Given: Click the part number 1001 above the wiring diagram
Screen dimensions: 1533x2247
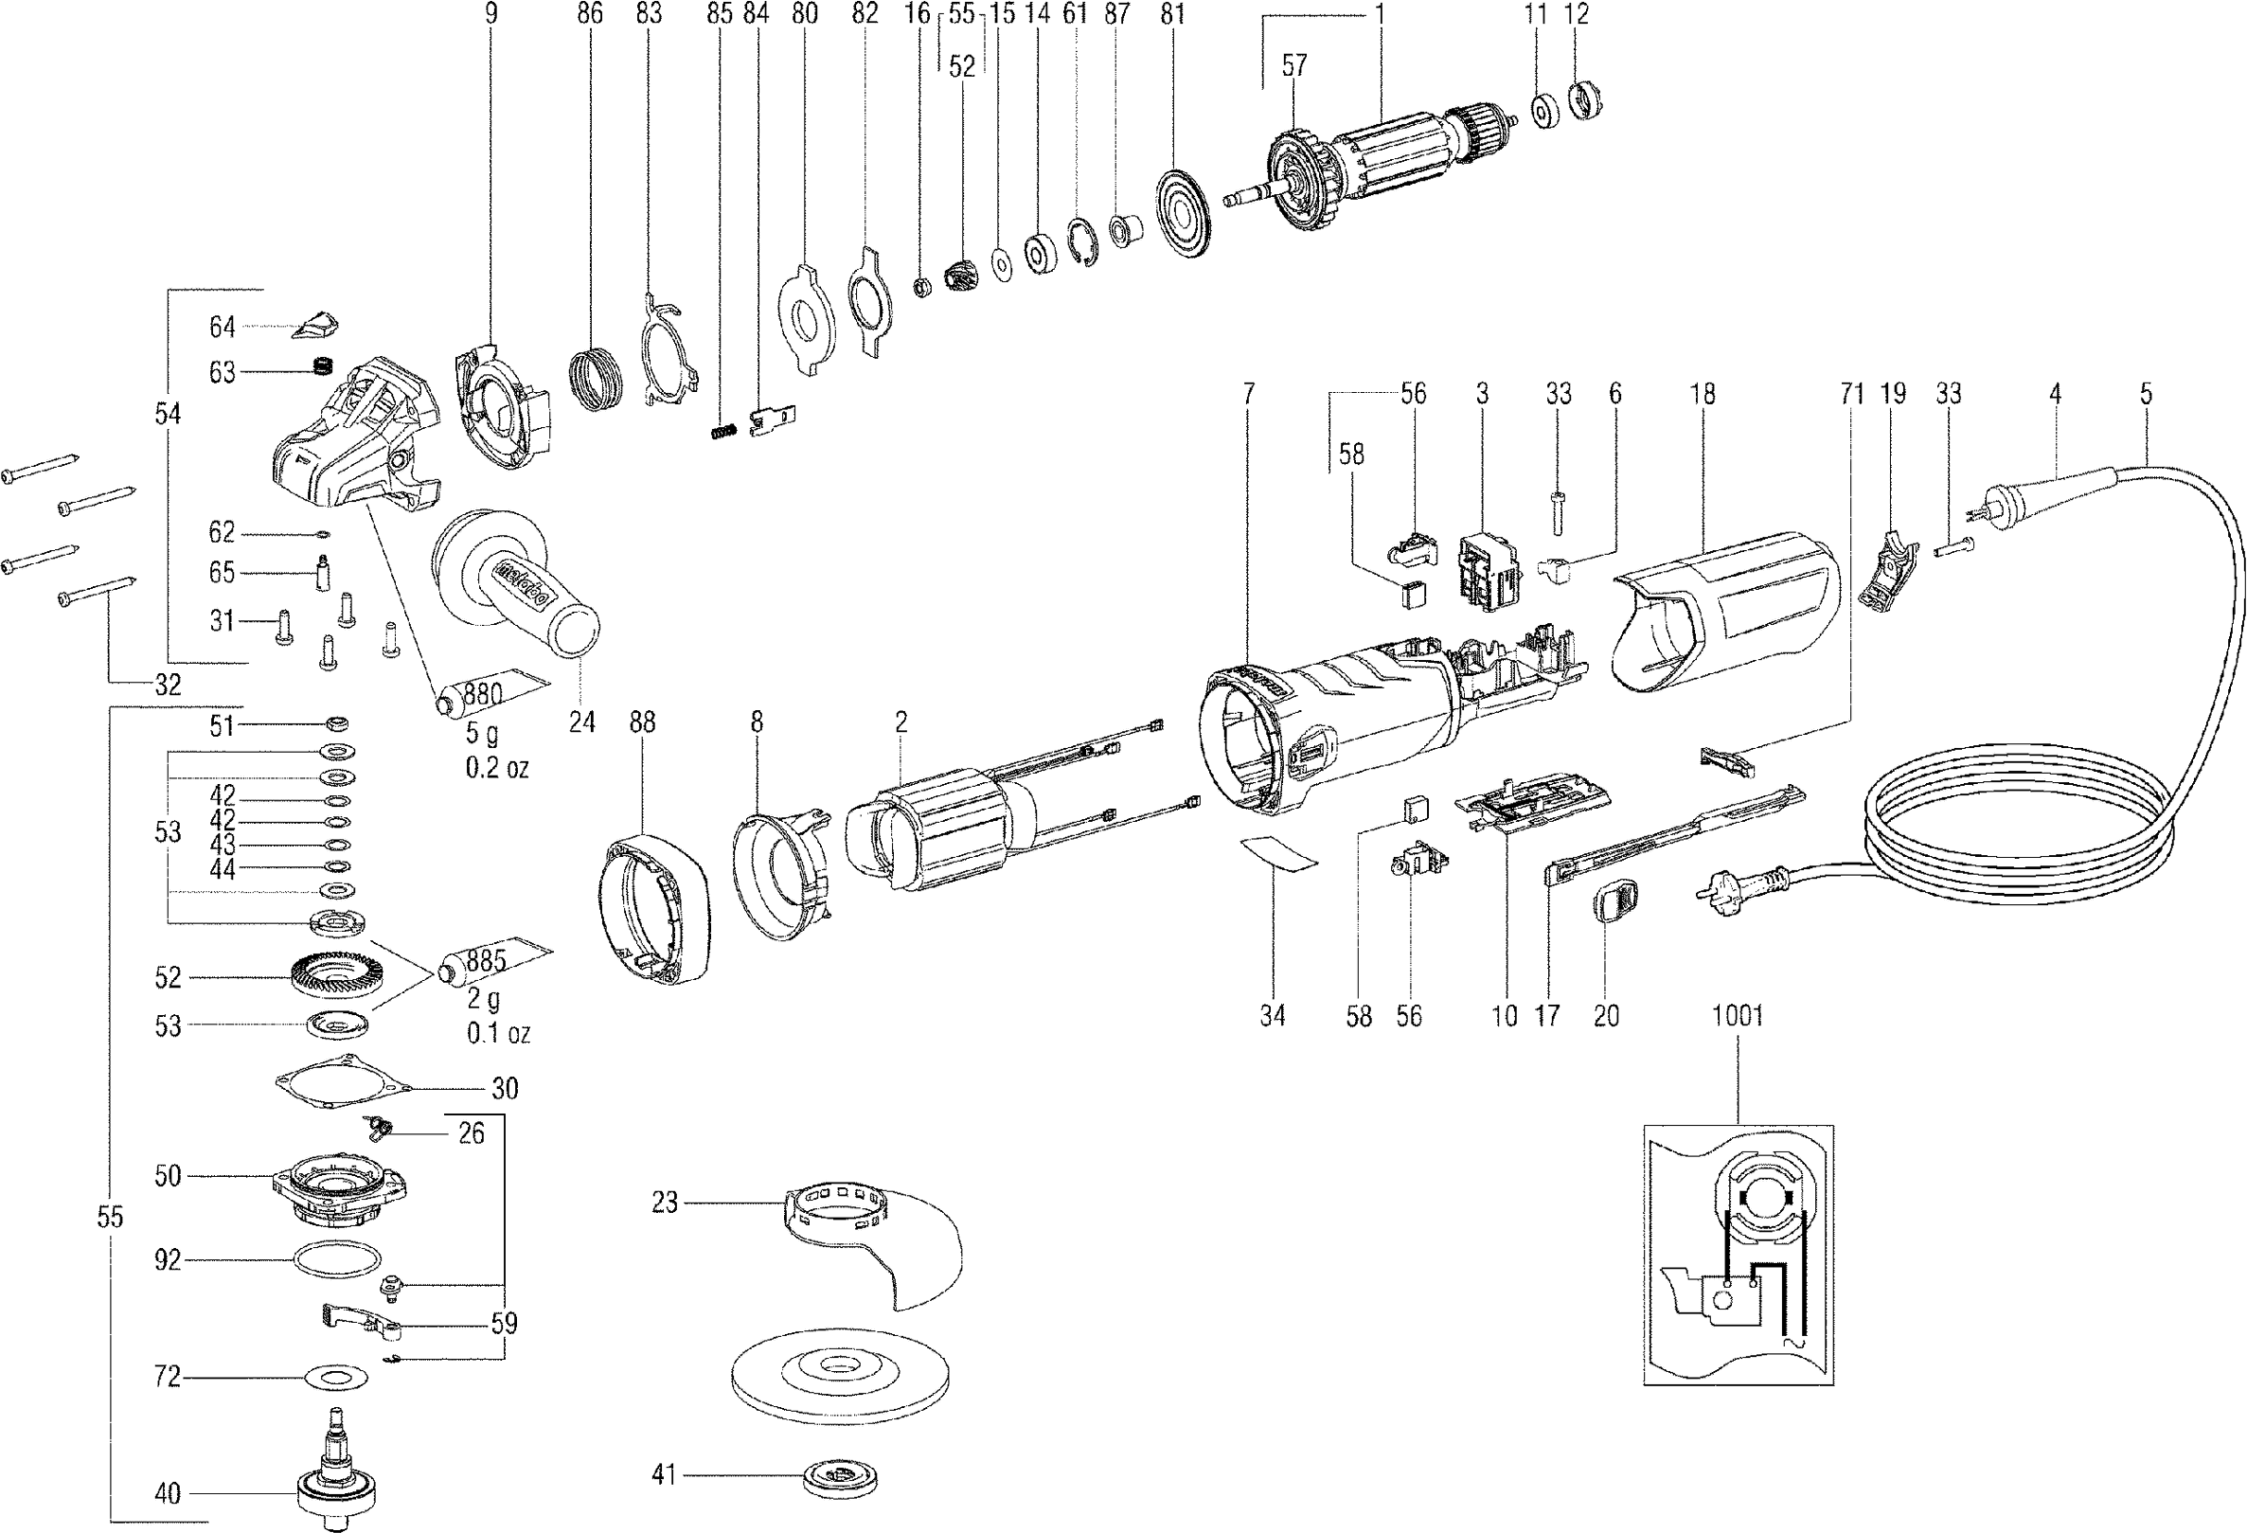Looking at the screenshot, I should pyautogui.click(x=1738, y=1016).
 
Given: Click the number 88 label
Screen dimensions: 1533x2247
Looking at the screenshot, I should pyautogui.click(x=642, y=722).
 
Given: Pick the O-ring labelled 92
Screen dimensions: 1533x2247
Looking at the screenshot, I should pyautogui.click(x=335, y=1260).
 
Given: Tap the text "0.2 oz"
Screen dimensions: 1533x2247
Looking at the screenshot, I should pyautogui.click(x=497, y=769).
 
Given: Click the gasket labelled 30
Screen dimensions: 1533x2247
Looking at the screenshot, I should pyautogui.click(x=341, y=1086).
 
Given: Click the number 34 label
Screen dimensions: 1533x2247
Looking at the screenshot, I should pyautogui.click(x=1273, y=1016).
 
